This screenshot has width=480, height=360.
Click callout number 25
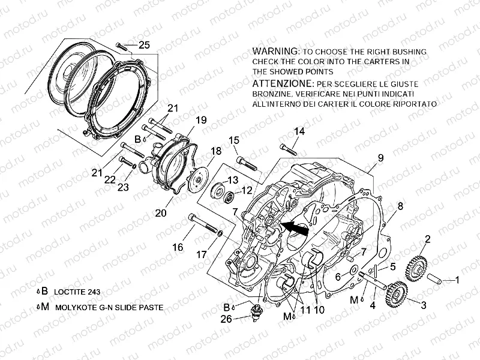point(144,44)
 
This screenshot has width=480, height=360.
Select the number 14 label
point(299,131)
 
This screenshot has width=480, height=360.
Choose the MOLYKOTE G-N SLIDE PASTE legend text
point(109,307)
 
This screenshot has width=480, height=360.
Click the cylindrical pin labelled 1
point(437,279)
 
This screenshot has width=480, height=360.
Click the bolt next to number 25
point(124,46)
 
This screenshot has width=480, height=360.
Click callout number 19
point(200,120)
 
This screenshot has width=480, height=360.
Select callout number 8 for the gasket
point(400,208)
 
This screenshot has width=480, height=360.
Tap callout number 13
point(232,179)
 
